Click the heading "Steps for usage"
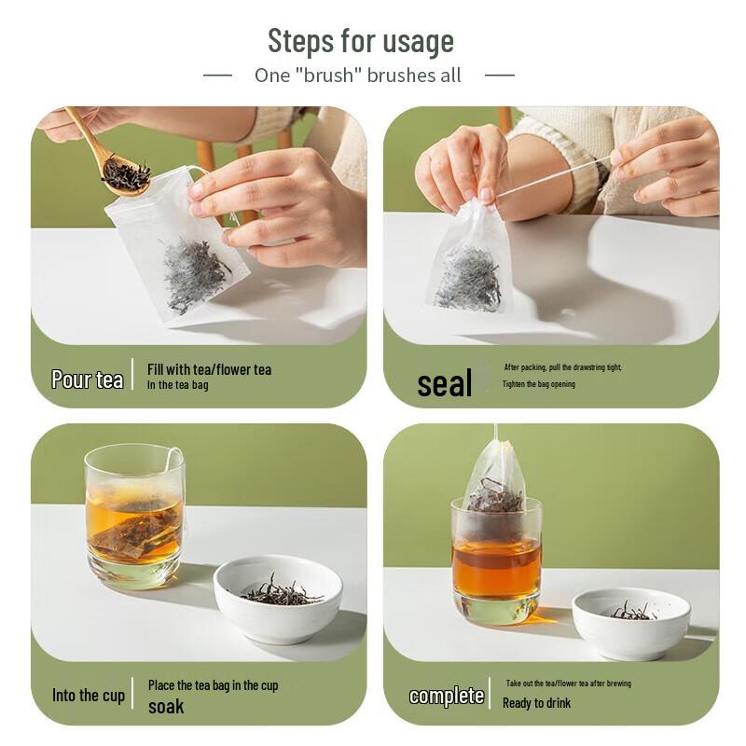361,41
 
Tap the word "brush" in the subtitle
328,76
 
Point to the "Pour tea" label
87,380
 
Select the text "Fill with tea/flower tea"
209,369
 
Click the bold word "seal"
445,383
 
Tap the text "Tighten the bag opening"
539,384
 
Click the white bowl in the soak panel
278,600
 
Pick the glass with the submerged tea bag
134,516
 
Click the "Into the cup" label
89,695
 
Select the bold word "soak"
166,707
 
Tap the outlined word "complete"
447,696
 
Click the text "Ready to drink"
537,703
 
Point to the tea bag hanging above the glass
496,485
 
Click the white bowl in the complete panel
631,623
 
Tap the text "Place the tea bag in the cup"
214,685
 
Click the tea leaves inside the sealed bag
468,278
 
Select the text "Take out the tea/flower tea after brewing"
569,684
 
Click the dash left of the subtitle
217,76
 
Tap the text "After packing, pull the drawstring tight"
563,367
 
